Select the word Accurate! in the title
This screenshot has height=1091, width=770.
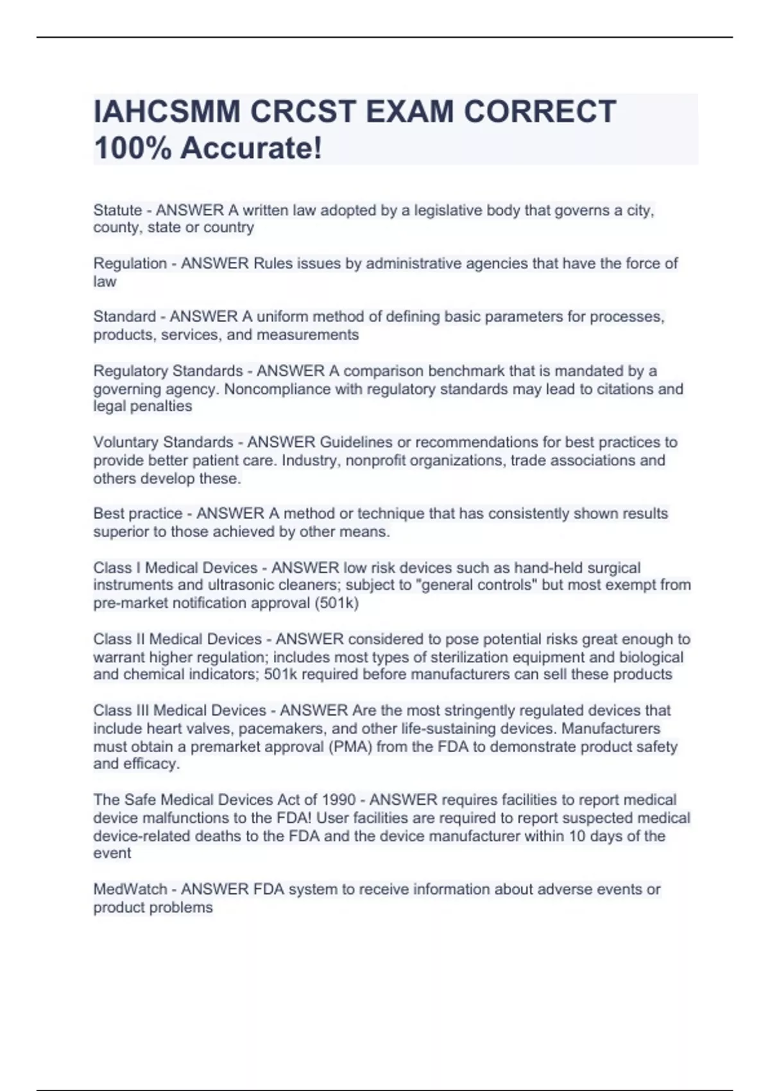click(251, 148)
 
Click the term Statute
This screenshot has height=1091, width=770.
click(117, 210)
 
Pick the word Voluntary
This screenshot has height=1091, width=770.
click(126, 442)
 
